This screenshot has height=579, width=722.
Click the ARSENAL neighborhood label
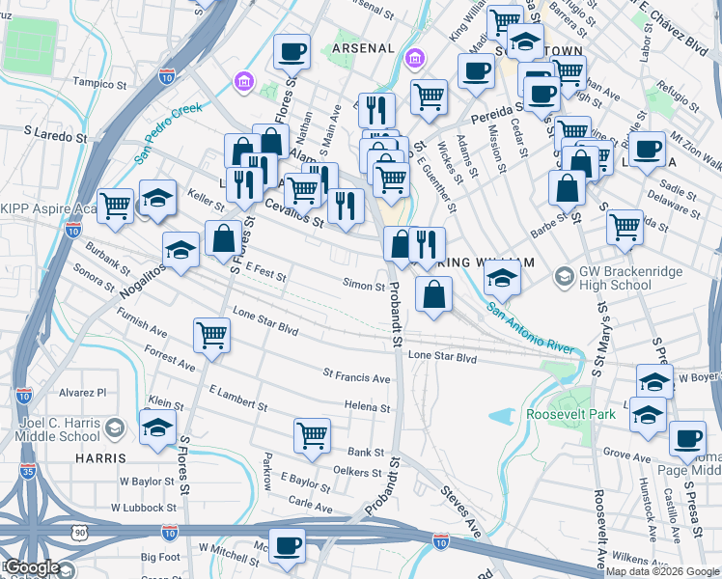point(363,47)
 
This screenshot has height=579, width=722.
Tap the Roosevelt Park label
point(569,414)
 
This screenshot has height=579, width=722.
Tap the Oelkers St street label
point(351,472)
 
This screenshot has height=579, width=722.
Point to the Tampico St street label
point(100,82)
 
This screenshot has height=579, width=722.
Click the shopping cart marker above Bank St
point(312,433)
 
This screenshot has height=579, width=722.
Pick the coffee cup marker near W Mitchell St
point(287,545)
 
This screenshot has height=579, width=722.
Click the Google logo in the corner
point(33,567)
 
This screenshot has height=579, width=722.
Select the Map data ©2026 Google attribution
point(662,571)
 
